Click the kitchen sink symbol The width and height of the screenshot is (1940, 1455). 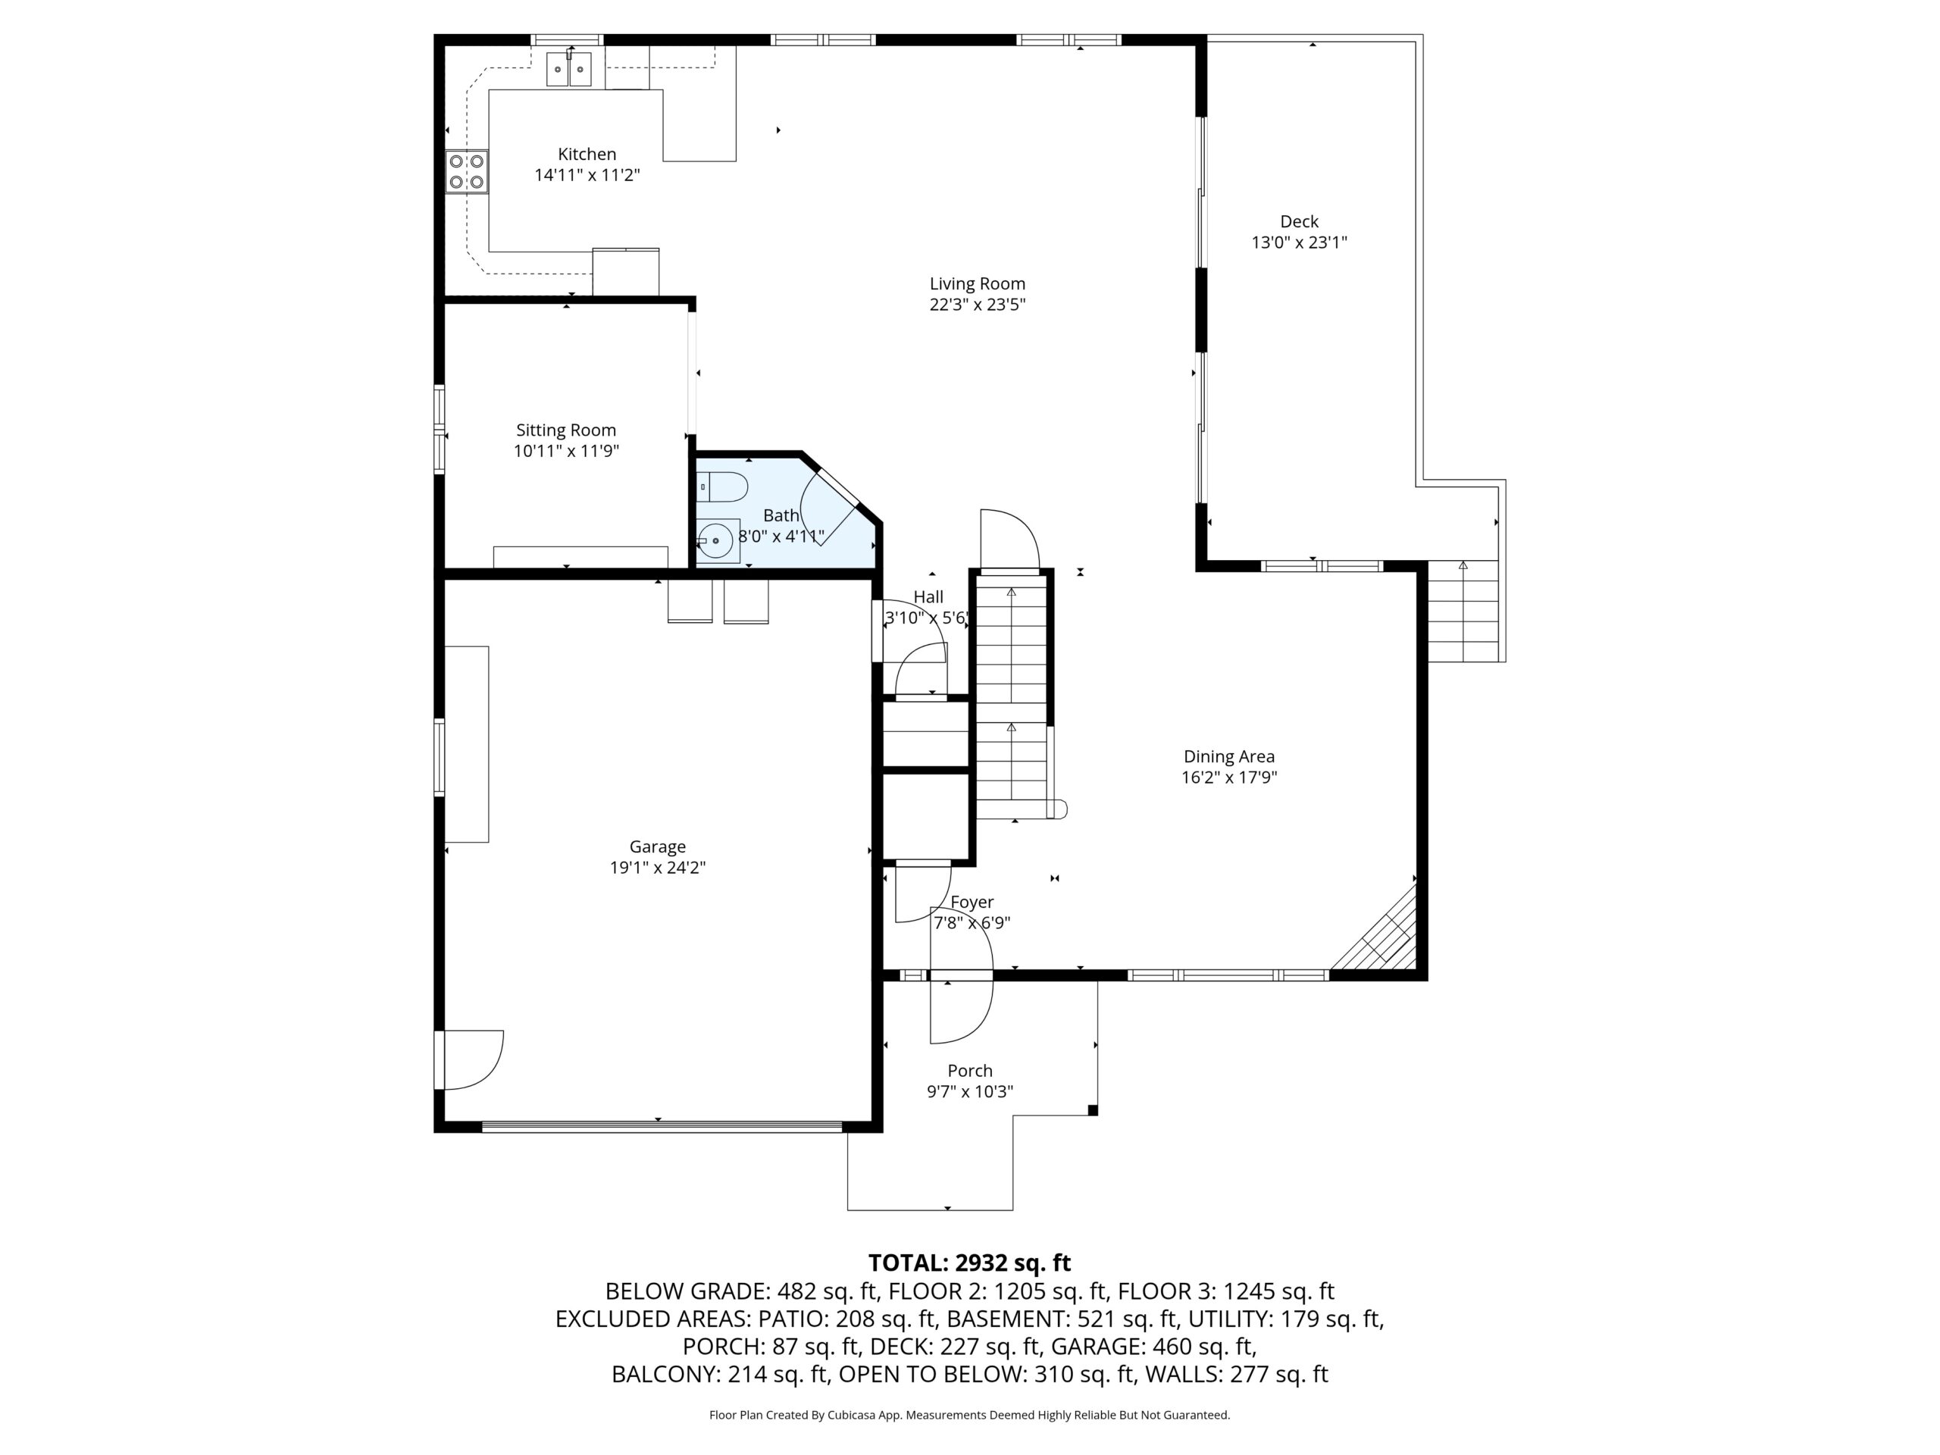(x=569, y=68)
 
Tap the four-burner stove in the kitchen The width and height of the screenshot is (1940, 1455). (x=467, y=172)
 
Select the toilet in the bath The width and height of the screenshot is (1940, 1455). (x=721, y=487)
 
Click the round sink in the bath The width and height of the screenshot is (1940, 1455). (x=717, y=541)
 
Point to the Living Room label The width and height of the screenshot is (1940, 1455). (x=977, y=283)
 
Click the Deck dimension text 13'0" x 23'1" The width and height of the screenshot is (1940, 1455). (x=1299, y=242)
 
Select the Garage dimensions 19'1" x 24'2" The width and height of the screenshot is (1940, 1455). (x=658, y=868)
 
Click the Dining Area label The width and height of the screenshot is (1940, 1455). (x=1228, y=756)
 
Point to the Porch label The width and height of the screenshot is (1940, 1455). (x=970, y=1071)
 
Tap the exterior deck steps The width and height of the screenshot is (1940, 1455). (x=1462, y=612)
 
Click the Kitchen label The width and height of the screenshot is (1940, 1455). (x=587, y=154)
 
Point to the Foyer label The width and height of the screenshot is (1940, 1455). (x=972, y=902)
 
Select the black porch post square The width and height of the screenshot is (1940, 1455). (x=1093, y=1110)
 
